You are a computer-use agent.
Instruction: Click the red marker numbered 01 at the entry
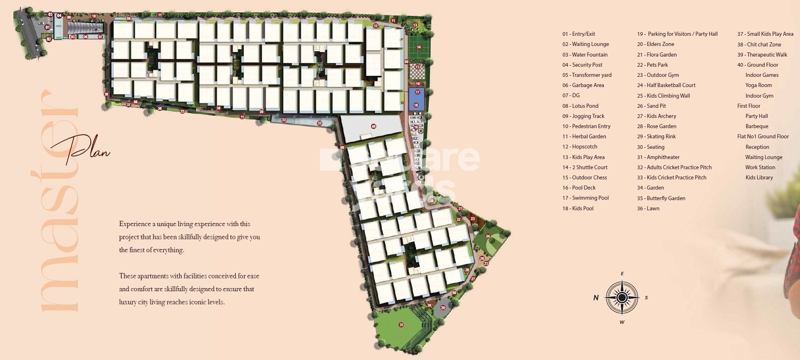47,27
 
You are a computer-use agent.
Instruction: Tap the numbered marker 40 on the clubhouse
373,126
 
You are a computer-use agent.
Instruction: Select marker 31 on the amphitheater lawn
401,325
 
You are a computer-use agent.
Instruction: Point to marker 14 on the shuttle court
419,47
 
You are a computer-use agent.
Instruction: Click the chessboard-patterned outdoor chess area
419,70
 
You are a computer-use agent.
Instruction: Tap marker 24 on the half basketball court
487,236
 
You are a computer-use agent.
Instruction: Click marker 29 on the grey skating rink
443,308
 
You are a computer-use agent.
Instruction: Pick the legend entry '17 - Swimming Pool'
585,198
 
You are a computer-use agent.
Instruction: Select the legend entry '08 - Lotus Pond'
580,106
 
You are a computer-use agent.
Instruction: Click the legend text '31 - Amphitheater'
658,157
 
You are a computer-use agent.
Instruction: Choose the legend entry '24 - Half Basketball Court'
666,85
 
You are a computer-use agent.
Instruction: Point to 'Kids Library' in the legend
759,178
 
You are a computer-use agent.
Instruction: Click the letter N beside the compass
596,298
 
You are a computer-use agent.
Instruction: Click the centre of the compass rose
622,297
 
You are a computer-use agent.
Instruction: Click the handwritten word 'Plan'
88,150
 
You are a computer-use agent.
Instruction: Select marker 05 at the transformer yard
73,37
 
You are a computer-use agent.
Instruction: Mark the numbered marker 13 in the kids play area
415,25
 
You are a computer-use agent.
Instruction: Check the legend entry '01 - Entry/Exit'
578,34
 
